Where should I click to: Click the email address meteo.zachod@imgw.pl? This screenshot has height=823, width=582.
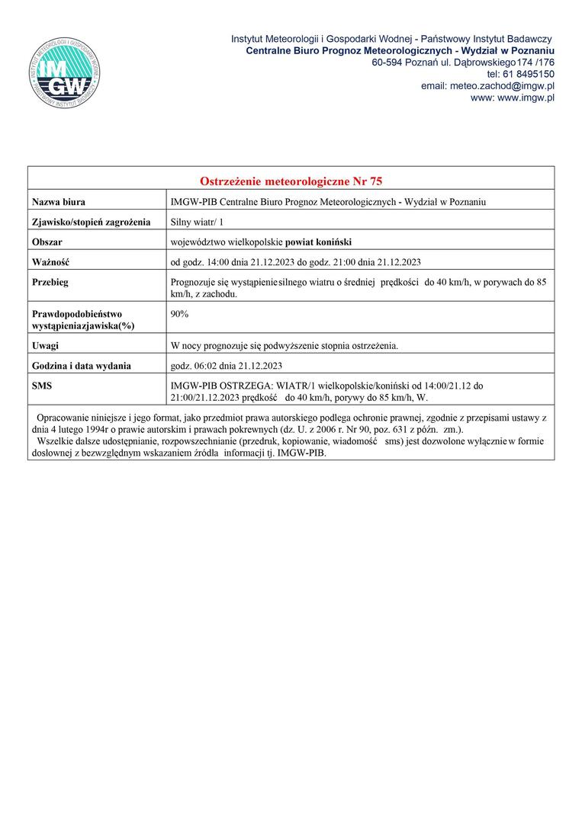point(487,86)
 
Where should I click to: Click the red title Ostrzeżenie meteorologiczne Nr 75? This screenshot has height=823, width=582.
point(291,181)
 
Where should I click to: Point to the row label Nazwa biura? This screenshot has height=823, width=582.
point(58,202)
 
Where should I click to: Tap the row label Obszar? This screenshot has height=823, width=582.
point(47,242)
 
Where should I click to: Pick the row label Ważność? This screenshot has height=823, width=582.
point(50,262)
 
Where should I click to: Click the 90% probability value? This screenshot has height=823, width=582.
point(181,313)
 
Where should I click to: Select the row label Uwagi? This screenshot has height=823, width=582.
point(45,346)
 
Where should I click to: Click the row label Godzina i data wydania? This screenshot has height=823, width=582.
point(81,366)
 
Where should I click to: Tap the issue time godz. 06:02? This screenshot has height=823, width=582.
point(196,366)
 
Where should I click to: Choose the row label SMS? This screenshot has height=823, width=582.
point(42,386)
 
